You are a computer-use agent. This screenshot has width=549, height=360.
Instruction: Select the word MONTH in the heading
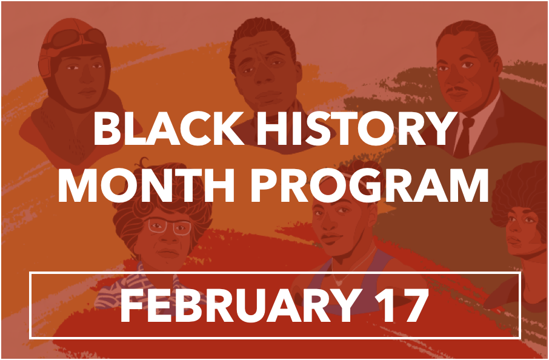pyautogui.click(x=146, y=185)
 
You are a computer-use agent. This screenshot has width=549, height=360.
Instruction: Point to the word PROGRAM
pyautogui.click(x=370, y=185)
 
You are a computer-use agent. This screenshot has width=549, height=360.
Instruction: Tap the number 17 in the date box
pyautogui.click(x=402, y=305)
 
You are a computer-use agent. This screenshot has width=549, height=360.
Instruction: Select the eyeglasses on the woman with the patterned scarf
pyautogui.click(x=170, y=226)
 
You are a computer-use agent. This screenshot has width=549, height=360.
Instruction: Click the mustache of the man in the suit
pyautogui.click(x=457, y=90)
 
